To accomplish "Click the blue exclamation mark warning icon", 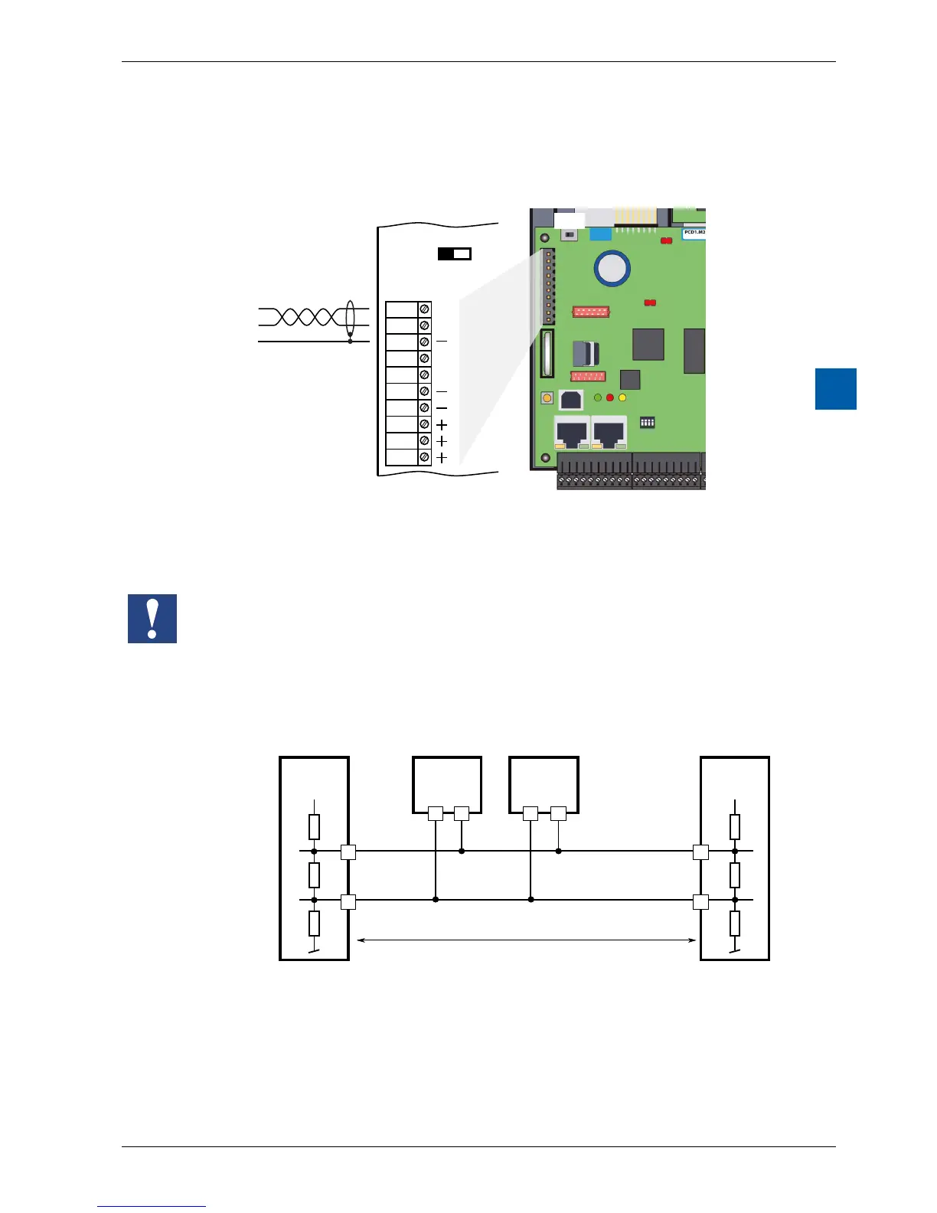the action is (x=152, y=618).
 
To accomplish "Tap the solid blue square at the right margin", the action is (x=835, y=389).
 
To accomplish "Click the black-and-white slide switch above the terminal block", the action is (x=454, y=253).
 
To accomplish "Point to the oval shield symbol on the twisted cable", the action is (x=351, y=319).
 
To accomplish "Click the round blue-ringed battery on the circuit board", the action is (x=612, y=268).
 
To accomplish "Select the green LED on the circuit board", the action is (x=598, y=397).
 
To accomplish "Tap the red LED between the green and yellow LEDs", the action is (x=610, y=397).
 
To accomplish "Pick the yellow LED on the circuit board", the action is (x=622, y=397).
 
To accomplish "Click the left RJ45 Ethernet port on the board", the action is (x=571, y=433).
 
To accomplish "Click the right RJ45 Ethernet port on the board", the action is (x=609, y=433).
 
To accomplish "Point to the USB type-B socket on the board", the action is (x=571, y=400).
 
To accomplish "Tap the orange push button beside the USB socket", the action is (x=547, y=398).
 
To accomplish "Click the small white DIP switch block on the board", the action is (x=648, y=422).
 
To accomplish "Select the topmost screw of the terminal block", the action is (x=424, y=309).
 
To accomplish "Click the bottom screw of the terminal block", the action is (x=424, y=457).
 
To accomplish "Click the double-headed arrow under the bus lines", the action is (x=527, y=940).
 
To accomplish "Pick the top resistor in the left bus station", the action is (x=314, y=827).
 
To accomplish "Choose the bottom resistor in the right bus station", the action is (x=735, y=924).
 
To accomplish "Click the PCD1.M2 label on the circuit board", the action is (x=694, y=232).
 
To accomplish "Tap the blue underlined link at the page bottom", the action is (x=152, y=1206).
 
